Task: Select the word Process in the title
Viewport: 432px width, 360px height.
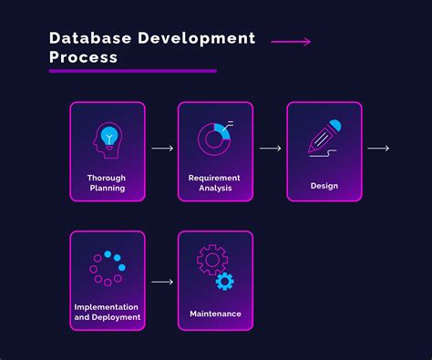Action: point(83,57)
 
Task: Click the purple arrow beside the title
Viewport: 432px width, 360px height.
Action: point(291,42)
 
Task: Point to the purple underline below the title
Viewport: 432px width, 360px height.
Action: point(132,71)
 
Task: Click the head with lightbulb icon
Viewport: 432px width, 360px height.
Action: point(107,138)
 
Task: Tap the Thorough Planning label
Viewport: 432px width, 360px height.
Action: point(107,182)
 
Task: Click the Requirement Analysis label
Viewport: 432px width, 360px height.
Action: point(215,182)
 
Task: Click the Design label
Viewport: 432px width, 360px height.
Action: point(324,186)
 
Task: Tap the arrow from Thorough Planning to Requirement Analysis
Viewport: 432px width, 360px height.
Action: point(161,148)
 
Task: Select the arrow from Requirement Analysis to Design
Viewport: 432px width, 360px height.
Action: point(270,148)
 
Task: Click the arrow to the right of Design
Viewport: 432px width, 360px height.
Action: point(378,148)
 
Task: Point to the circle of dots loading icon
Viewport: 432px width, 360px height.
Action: point(107,268)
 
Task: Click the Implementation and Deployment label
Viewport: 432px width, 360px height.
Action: point(107,313)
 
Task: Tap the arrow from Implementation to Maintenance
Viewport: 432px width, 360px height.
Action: point(161,282)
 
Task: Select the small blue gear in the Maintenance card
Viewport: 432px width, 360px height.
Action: point(224,283)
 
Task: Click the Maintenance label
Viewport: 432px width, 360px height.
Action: point(215,314)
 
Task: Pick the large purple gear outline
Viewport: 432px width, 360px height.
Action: point(211,261)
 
